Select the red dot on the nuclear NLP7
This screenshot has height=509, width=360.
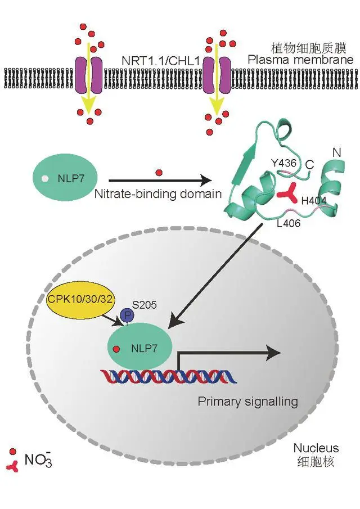(x=116, y=349)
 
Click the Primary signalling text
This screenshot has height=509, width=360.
(x=247, y=401)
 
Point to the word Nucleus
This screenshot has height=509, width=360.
(x=316, y=448)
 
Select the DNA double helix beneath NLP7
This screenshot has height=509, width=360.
(x=168, y=376)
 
